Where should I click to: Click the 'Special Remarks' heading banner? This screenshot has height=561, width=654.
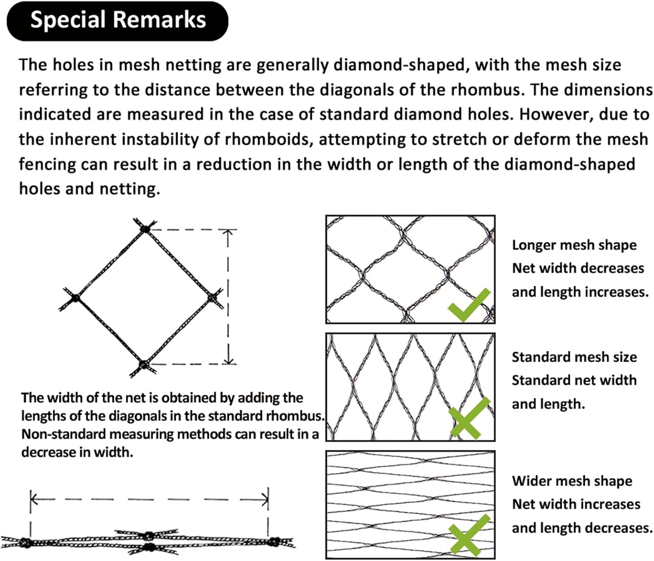[117, 21]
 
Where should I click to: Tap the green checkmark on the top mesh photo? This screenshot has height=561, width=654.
[469, 304]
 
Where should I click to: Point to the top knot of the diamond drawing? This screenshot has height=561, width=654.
[146, 228]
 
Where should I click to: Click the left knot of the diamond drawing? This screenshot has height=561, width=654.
[75, 298]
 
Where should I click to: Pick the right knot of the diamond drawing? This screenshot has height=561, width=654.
[213, 298]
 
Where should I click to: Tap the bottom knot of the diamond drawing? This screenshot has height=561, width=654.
[144, 365]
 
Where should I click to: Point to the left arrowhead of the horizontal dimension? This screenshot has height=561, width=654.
[34, 499]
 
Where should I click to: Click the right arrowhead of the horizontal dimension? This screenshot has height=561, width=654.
[265, 500]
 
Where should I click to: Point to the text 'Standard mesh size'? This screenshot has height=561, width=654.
[574, 357]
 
